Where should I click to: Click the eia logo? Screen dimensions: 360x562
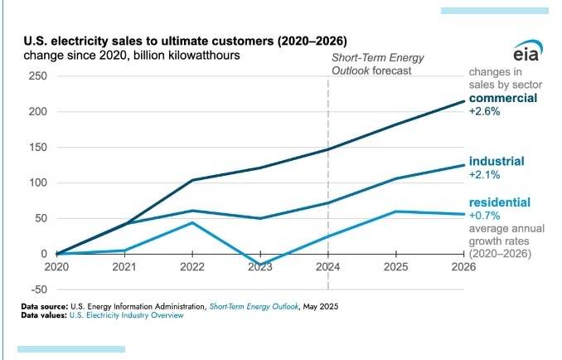pyautogui.click(x=526, y=51)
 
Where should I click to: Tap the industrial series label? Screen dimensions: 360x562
pyautogui.click(x=497, y=161)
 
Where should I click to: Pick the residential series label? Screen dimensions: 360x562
pyautogui.click(x=500, y=202)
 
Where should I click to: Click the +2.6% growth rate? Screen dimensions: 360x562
pyautogui.click(x=485, y=114)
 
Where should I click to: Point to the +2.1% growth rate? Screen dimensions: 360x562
pyautogui.click(x=484, y=175)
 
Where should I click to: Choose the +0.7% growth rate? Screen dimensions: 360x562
pyautogui.click(x=484, y=216)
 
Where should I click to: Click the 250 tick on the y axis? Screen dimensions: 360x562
pyautogui.click(x=38, y=76)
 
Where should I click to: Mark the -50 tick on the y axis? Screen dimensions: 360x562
pyautogui.click(x=38, y=289)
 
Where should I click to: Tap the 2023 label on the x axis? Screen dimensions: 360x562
pyautogui.click(x=260, y=268)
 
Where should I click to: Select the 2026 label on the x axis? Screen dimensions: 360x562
pyautogui.click(x=463, y=268)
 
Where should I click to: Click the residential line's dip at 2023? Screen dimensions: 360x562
pyautogui.click(x=260, y=265)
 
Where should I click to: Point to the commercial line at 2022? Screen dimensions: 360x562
pyautogui.click(x=192, y=180)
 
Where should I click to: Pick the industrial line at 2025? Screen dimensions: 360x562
pyautogui.click(x=396, y=178)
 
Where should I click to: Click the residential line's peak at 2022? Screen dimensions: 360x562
pyautogui.click(x=192, y=222)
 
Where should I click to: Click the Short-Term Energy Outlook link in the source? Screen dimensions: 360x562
pyautogui.click(x=249, y=307)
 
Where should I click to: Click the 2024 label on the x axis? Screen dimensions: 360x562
pyautogui.click(x=328, y=268)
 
